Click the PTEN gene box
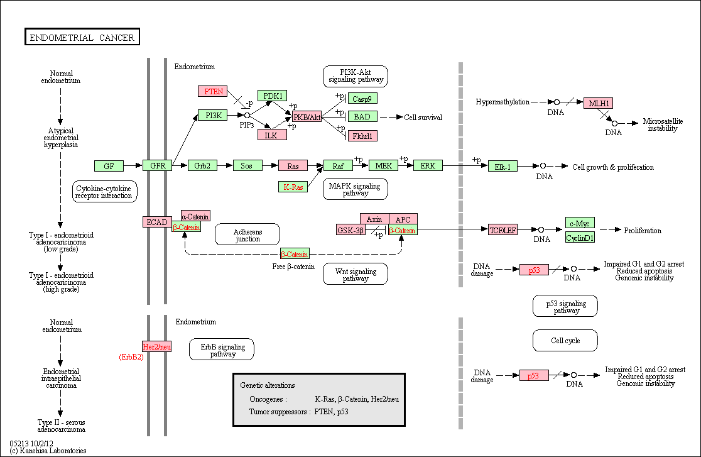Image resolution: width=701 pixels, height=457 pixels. click(213, 91)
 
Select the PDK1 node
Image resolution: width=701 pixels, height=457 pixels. click(272, 96)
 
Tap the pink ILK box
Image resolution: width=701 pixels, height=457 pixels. click(272, 135)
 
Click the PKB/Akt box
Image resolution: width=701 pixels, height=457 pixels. click(307, 117)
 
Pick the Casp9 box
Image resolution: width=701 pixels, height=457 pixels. click(362, 99)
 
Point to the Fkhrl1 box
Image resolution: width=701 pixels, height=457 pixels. click(362, 136)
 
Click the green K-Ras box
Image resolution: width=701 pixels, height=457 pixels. click(293, 187)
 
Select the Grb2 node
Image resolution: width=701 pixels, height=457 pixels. click(202, 165)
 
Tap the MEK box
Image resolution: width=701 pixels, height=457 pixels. click(383, 165)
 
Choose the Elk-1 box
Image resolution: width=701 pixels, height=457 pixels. click(503, 167)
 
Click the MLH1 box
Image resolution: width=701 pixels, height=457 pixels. click(598, 103)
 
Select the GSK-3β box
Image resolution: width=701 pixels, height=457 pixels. click(350, 230)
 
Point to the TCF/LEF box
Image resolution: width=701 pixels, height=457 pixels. click(503, 230)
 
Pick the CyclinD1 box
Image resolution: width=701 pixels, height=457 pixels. click(580, 238)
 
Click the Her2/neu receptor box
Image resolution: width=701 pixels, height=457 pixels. click(156, 346)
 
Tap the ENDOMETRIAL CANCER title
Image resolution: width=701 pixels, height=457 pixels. click(82, 37)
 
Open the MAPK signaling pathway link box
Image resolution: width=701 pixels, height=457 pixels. click(356, 189)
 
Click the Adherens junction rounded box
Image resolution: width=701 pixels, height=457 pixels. click(247, 234)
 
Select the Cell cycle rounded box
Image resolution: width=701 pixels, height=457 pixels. click(565, 341)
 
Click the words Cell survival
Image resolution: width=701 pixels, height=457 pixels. click(423, 118)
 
